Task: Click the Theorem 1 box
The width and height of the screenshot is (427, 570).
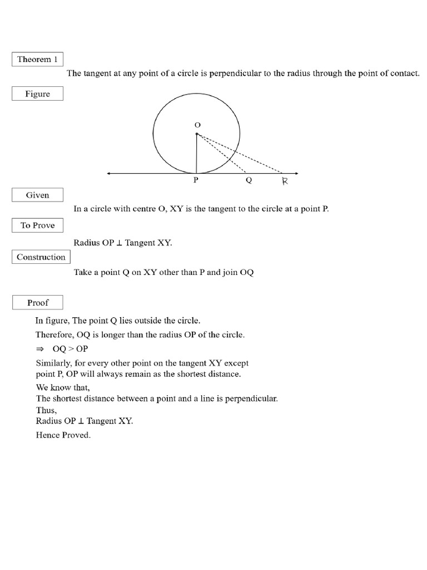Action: pyautogui.click(x=37, y=60)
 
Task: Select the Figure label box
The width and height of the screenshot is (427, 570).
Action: pyautogui.click(x=37, y=94)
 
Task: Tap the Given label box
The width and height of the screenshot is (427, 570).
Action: pyautogui.click(x=37, y=195)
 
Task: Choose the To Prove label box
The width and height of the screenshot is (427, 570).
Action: pyautogui.click(x=37, y=225)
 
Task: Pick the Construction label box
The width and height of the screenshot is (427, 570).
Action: pyautogui.click(x=41, y=257)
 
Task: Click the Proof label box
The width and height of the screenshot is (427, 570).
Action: pyautogui.click(x=37, y=303)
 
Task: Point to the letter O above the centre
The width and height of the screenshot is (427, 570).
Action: pyautogui.click(x=196, y=125)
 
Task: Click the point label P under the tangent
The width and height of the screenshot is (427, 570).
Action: pyautogui.click(x=196, y=181)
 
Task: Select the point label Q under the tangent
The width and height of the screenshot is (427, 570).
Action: pyautogui.click(x=249, y=181)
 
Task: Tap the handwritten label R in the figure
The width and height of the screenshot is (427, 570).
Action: pyautogui.click(x=285, y=181)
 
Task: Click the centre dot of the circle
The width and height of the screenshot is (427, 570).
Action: pyautogui.click(x=196, y=134)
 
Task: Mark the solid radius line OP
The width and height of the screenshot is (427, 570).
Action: pyautogui.click(x=196, y=154)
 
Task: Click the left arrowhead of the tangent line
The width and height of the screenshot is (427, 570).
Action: pyautogui.click(x=109, y=174)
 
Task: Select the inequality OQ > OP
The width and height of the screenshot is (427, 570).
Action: pyautogui.click(x=71, y=349)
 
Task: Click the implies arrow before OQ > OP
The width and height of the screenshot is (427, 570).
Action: pyautogui.click(x=39, y=349)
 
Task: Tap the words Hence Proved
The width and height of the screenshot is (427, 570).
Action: pyautogui.click(x=63, y=435)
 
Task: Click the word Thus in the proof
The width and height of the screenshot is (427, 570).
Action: pyautogui.click(x=46, y=410)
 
